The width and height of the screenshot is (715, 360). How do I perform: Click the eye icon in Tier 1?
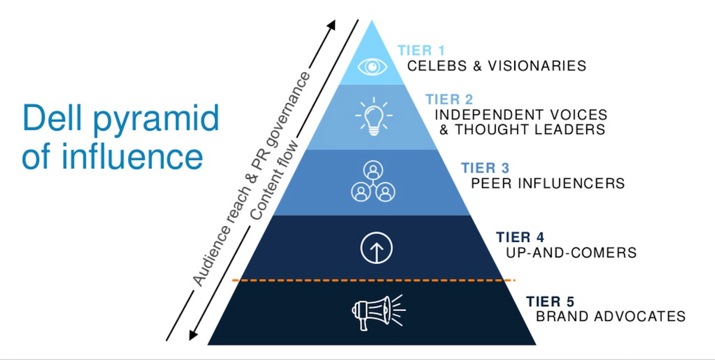[372, 66]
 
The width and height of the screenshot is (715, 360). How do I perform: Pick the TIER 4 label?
[520, 237]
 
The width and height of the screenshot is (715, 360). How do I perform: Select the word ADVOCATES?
[643, 316]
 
